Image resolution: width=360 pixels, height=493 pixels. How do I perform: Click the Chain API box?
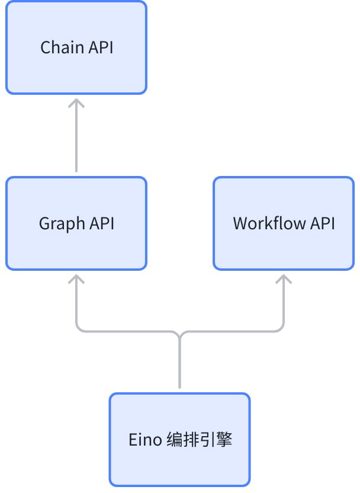pos(76,47)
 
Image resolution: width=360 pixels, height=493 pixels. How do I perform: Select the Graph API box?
pos(76,223)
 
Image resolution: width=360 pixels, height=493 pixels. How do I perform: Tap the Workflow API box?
pos(284,223)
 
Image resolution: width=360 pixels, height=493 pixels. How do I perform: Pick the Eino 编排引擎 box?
pos(179,440)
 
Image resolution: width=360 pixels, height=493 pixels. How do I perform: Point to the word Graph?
pos(62,224)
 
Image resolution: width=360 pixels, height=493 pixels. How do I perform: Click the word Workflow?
pos(269,223)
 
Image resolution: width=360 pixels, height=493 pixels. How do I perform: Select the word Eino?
pos(145,440)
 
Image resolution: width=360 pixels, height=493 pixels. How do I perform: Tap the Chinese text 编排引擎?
pos(199,440)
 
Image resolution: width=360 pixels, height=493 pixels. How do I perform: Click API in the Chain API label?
pos(101,47)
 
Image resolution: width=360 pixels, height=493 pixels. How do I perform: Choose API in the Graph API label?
pos(102,223)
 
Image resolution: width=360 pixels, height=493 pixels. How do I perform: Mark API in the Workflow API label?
pos(323,223)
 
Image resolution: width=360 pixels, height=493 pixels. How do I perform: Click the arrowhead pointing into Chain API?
pos(76,103)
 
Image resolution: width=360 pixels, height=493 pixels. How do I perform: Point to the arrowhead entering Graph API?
pos(76,279)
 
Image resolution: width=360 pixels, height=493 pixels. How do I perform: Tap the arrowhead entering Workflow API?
pos(284,279)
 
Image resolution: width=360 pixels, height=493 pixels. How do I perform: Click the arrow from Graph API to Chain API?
pos(76,135)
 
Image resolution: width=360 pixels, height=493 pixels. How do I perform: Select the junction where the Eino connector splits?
pos(179,334)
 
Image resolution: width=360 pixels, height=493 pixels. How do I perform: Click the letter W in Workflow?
pos(240,223)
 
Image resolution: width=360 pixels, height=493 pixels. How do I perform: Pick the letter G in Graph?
pos(44,223)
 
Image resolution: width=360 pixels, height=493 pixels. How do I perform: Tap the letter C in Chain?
pos(46,47)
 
